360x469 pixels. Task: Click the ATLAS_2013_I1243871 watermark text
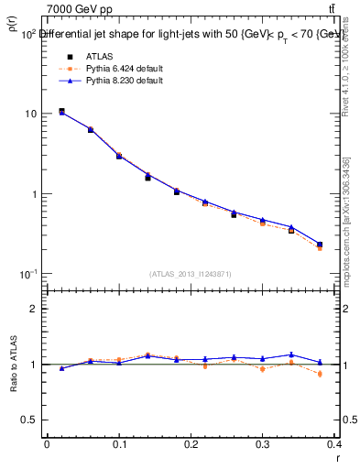click(x=191, y=274)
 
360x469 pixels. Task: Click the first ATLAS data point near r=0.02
click(x=61, y=111)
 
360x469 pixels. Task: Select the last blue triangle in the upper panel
click(x=320, y=244)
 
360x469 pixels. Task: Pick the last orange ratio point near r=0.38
click(x=320, y=374)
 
